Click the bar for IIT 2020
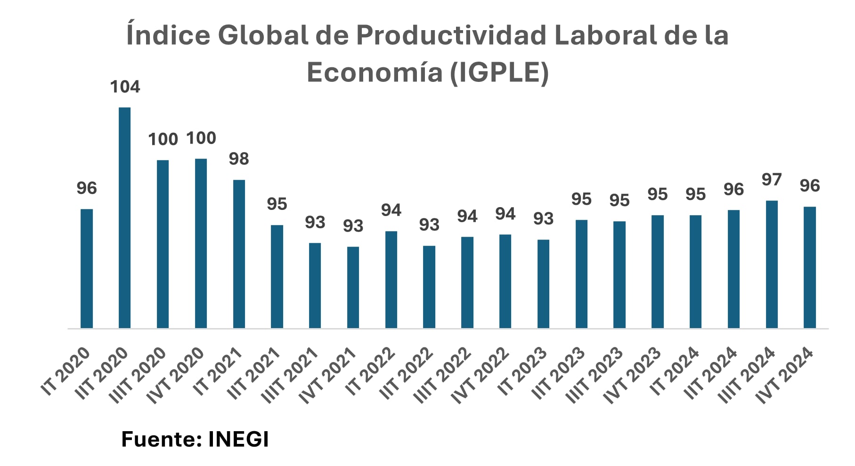[x=124, y=217]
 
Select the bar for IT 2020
[x=87, y=268]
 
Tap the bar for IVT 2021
[x=353, y=287]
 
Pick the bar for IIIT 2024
[x=772, y=264]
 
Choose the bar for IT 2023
[x=543, y=284]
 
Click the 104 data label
[x=125, y=87]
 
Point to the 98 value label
[x=239, y=159]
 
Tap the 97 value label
[x=772, y=180]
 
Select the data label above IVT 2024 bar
[x=810, y=186]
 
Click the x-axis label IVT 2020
[x=175, y=375]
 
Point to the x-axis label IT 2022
[x=370, y=371]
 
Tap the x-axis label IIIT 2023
[x=594, y=375]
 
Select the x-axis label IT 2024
[x=674, y=371]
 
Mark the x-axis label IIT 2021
[x=254, y=373]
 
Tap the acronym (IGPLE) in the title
[x=499, y=72]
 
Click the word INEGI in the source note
[x=238, y=439]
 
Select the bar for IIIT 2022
[x=467, y=282]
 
